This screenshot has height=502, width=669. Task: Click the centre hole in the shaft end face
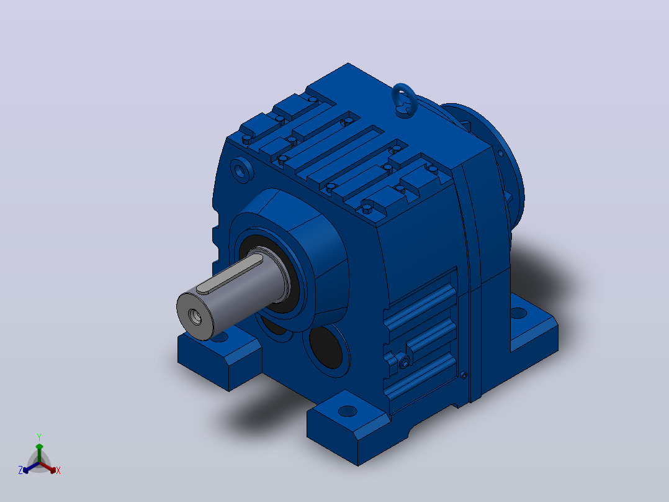(196, 317)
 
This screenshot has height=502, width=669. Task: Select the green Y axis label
(39, 437)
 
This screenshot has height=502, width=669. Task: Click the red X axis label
(58, 470)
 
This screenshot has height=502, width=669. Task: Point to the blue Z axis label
(20, 470)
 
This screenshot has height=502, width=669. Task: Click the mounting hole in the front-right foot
(348, 411)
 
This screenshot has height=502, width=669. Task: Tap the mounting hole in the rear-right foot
(518, 313)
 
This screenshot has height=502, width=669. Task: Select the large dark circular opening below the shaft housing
(326, 347)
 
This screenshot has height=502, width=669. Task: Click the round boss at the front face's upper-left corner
(241, 170)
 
